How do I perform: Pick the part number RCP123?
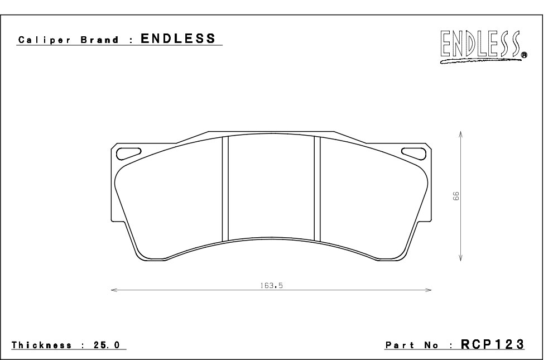coord(492,344)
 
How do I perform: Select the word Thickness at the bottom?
coord(45,345)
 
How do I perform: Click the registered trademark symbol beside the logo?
coord(525,55)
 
